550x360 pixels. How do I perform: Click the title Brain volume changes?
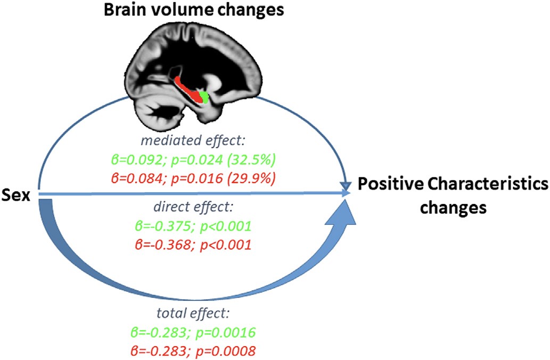click(x=194, y=10)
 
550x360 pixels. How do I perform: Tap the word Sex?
click(x=16, y=195)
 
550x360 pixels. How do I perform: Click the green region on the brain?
click(x=204, y=97)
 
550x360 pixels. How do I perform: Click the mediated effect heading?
click(x=193, y=141)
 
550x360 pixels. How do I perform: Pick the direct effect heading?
click(x=193, y=207)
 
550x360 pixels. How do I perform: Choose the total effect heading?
click(x=193, y=313)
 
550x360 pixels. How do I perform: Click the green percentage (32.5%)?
click(x=251, y=160)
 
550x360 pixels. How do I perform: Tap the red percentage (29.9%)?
click(x=251, y=178)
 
